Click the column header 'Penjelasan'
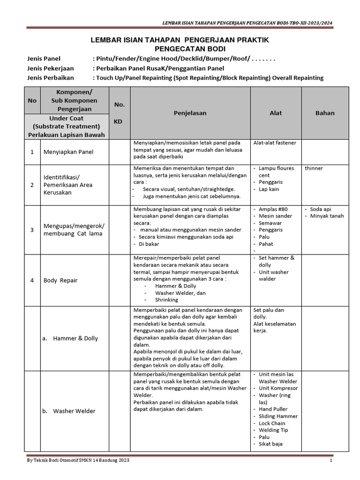click(x=190, y=113)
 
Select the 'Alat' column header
click(x=276, y=113)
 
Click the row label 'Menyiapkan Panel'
click(x=68, y=152)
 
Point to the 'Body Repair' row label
click(x=60, y=280)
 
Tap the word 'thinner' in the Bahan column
click(x=314, y=168)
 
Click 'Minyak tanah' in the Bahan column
click(x=327, y=216)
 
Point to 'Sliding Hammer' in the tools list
click(x=278, y=416)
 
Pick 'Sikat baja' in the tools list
click(x=270, y=444)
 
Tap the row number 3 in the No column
click(x=32, y=230)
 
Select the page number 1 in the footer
click(x=330, y=461)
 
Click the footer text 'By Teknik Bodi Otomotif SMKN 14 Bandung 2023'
click(x=78, y=461)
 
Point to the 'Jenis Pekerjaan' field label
click(x=51, y=68)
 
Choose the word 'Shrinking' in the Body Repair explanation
click(x=167, y=300)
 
